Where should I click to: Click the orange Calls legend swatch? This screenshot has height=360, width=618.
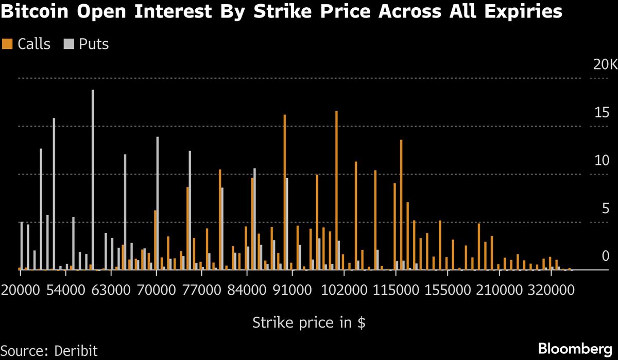click(x=7, y=44)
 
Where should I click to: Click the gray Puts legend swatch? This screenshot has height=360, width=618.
click(x=68, y=44)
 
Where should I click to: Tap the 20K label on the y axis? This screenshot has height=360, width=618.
click(x=604, y=65)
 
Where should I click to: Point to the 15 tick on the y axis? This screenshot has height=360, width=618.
click(x=602, y=113)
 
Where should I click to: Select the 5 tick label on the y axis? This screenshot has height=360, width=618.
click(x=605, y=209)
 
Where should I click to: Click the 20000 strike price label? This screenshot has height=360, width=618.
click(x=21, y=290)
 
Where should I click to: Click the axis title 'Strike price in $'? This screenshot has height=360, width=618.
click(x=309, y=323)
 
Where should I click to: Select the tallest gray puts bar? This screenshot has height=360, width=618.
click(x=93, y=180)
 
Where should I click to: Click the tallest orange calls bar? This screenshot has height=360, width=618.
click(x=336, y=191)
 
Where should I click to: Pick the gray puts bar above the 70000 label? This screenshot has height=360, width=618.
click(x=158, y=203)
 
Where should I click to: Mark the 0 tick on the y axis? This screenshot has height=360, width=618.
click(x=606, y=256)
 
